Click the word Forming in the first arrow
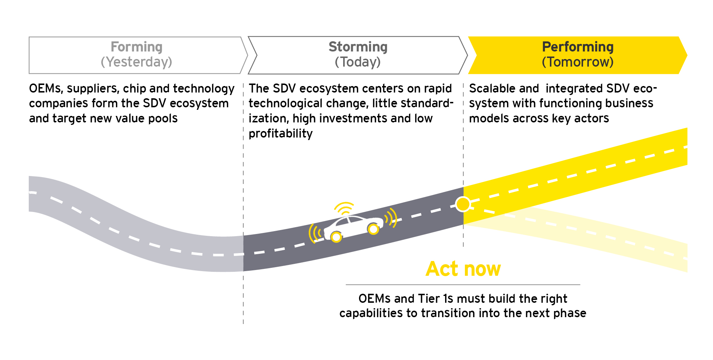136,47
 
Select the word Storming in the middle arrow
358,47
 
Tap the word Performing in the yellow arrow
578,47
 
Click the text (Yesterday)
136,62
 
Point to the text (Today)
358,62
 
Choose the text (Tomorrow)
578,62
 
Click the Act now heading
463,269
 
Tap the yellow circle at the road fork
463,204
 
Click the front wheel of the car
373,229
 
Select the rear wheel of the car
336,237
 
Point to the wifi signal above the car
345,208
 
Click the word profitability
281,134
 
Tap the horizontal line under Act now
463,285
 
